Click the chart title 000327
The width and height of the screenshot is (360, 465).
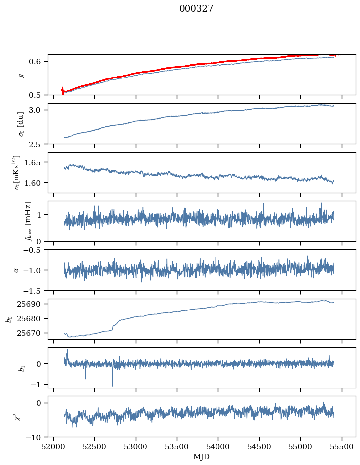[x=196, y=9]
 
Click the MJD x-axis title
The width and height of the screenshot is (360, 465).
[x=202, y=457]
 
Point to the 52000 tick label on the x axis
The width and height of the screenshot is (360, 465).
[x=54, y=446]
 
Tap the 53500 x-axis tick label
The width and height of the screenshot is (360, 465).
[x=177, y=446]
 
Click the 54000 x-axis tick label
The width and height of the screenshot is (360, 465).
[x=218, y=446]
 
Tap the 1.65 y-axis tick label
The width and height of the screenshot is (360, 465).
[x=37, y=162]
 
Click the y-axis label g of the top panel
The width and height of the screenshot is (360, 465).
[x=21, y=75]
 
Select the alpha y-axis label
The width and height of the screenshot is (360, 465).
[x=16, y=270]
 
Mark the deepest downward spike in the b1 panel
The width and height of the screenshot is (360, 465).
[x=112, y=386]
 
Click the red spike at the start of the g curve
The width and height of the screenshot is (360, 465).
[x=62, y=90]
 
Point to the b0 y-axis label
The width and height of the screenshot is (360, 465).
[x=8, y=318]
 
